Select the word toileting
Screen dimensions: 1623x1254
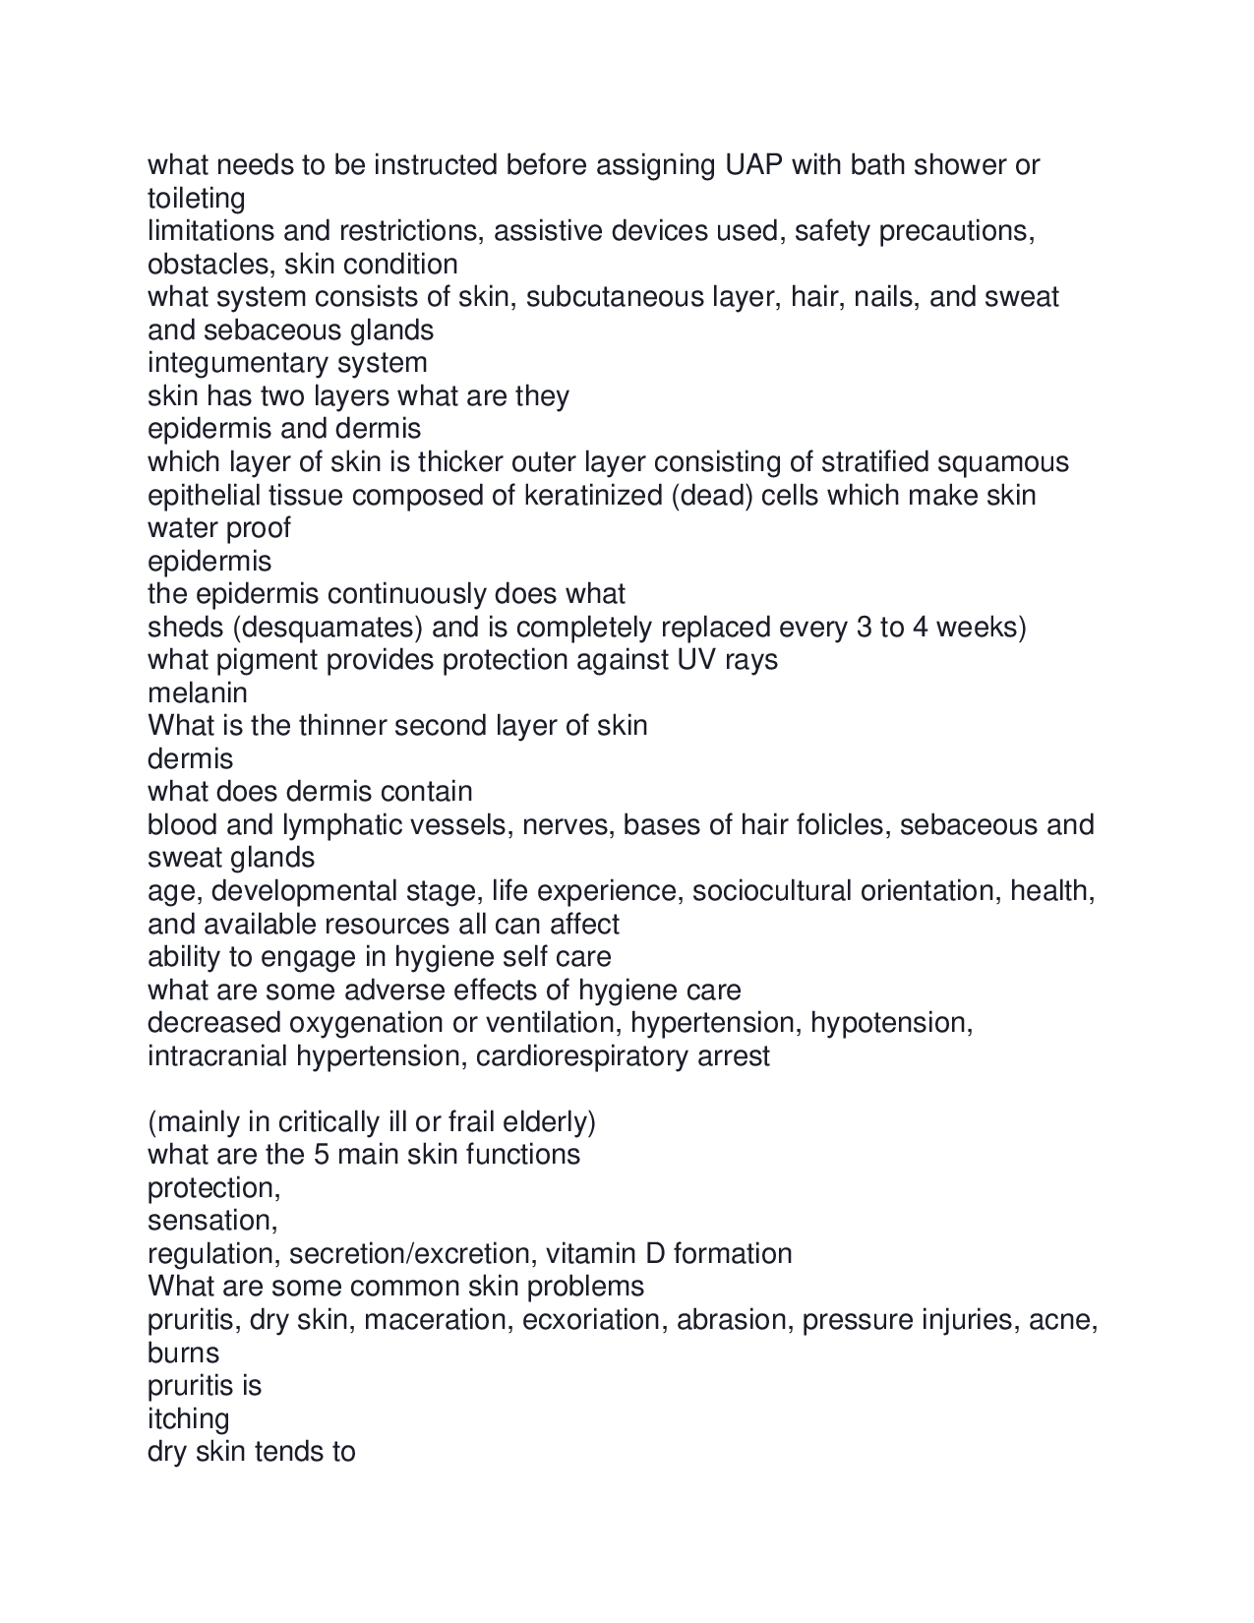197,199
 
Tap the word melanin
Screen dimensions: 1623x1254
197,693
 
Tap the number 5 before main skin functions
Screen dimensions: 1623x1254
321,1155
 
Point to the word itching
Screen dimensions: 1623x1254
188,1419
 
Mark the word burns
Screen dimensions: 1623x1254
183,1353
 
